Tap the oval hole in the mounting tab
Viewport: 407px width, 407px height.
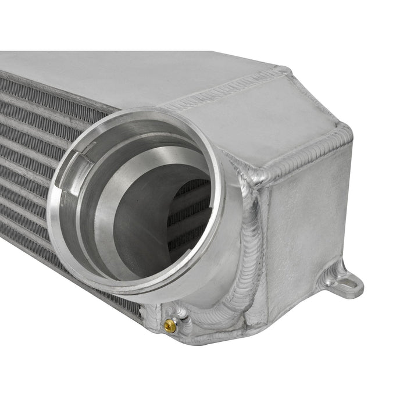coord(349,286)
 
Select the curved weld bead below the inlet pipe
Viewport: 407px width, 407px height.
coord(227,314)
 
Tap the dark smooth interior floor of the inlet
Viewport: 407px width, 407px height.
coord(140,233)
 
